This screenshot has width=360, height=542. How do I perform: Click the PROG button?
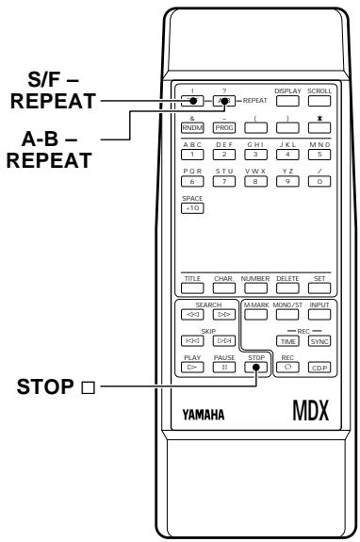pos(226,126)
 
